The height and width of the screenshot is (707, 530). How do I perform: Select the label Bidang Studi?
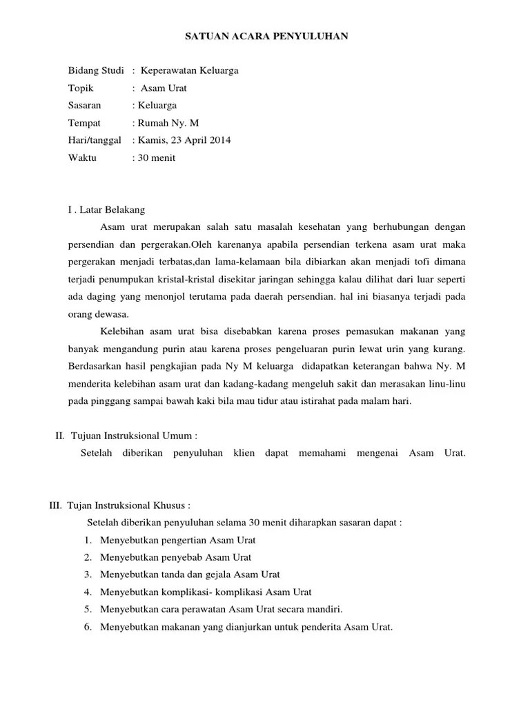point(96,70)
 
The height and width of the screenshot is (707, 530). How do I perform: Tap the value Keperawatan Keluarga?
point(190,70)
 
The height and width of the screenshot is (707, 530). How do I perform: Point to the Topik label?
point(81,88)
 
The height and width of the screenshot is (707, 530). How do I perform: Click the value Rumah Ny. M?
point(168,123)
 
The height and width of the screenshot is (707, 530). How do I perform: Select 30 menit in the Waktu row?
point(157,157)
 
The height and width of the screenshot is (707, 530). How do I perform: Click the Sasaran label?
point(85,106)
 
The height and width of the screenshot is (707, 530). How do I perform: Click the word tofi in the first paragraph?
point(430,262)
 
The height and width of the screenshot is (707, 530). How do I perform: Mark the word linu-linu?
point(446,384)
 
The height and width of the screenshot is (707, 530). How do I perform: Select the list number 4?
point(88,592)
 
